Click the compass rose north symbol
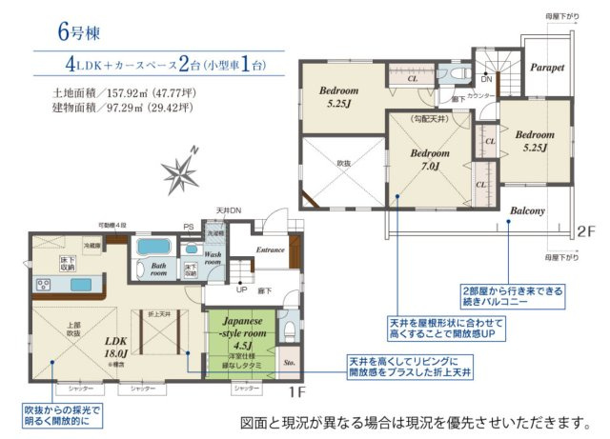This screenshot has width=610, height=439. [x=180, y=171]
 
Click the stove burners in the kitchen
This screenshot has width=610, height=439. [x=45, y=285]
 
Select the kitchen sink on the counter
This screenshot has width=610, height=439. [x=78, y=284]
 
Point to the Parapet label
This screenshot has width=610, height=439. [x=548, y=69]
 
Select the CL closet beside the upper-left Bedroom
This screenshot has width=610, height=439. [x=412, y=79]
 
